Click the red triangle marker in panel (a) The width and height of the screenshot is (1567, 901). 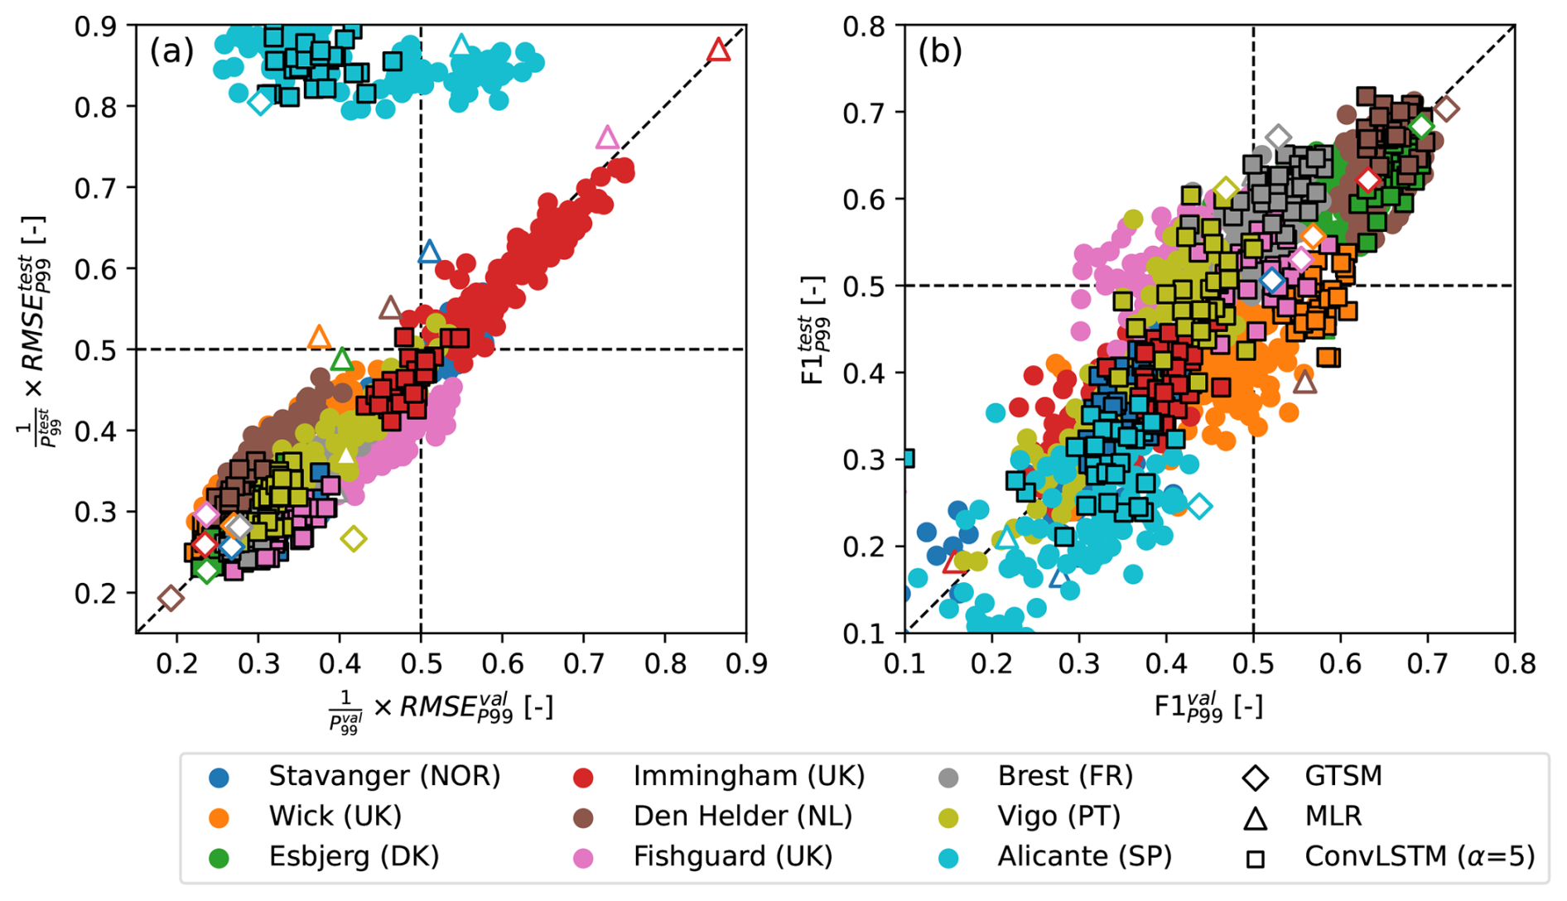pos(719,51)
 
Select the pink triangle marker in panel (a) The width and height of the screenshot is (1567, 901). pos(607,137)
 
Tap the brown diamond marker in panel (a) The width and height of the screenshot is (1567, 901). pos(171,598)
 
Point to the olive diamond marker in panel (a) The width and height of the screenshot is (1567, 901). pos(354,539)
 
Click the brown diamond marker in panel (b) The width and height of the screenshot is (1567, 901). pos(1446,108)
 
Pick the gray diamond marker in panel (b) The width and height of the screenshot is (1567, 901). pos(1278,137)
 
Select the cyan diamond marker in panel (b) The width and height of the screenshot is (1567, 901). pos(1199,505)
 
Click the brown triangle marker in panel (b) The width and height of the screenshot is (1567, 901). pos(1304,383)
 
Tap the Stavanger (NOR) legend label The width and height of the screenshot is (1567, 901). pos(384,776)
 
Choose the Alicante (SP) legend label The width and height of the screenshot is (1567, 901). pos(1084,856)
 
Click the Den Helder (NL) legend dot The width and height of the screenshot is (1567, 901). pos(583,817)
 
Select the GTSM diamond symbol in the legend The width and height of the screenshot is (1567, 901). pos(1256,778)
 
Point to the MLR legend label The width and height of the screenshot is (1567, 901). pos(1333,817)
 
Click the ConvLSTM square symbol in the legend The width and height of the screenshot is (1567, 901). pos(1256,858)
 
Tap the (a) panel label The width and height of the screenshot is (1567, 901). pos(171,51)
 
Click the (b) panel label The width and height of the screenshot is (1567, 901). pos(940,51)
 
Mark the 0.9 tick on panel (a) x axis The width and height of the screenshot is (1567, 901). pos(746,663)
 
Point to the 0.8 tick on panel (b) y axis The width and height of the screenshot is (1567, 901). pos(863,26)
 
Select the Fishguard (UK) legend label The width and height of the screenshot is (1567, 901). pos(732,856)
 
